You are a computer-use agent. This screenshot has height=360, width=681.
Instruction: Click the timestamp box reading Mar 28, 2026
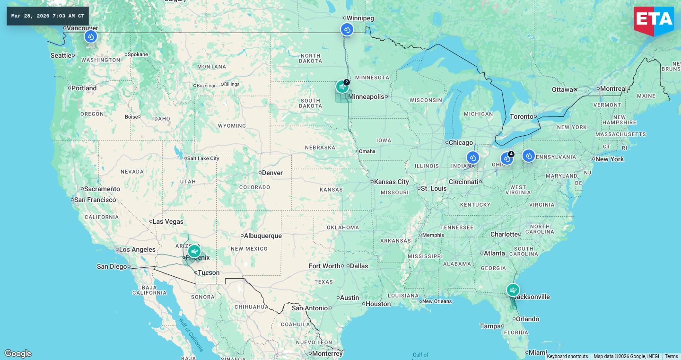click(48, 16)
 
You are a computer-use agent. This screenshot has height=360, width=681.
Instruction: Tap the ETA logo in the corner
click(654, 20)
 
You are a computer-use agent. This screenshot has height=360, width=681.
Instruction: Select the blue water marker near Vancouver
click(91, 36)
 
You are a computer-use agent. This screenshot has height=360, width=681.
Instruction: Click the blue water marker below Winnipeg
click(347, 30)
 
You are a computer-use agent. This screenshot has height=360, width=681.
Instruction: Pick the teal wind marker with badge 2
click(342, 87)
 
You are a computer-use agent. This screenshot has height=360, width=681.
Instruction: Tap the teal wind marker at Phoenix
click(194, 251)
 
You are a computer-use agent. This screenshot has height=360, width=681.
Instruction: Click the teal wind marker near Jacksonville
click(513, 290)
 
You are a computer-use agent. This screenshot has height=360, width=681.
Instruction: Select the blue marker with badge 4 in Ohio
click(507, 158)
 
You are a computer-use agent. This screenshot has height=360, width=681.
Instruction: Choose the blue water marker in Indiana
click(472, 158)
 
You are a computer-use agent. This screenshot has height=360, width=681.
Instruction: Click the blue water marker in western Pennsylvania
click(528, 156)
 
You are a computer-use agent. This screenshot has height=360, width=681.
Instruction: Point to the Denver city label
click(272, 173)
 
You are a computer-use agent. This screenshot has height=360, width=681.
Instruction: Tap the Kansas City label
click(391, 182)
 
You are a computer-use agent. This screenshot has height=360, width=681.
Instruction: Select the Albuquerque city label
click(262, 236)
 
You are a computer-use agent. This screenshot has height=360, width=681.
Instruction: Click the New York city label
click(610, 159)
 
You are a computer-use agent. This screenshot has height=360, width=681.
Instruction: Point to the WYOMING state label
click(232, 126)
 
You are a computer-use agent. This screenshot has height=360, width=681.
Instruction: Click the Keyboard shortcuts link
click(567, 356)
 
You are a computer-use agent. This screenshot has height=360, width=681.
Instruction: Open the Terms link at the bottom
click(671, 356)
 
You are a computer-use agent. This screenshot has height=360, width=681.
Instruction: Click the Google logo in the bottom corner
click(18, 353)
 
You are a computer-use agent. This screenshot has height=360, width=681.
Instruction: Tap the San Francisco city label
click(95, 200)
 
